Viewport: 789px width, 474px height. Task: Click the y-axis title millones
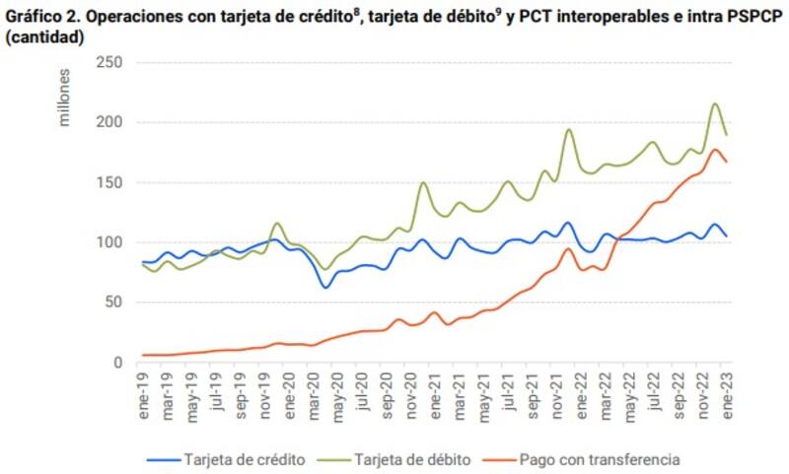pos(64,99)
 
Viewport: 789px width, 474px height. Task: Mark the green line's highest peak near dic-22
pos(714,103)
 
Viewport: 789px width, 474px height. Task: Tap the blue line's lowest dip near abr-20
pos(324,288)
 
